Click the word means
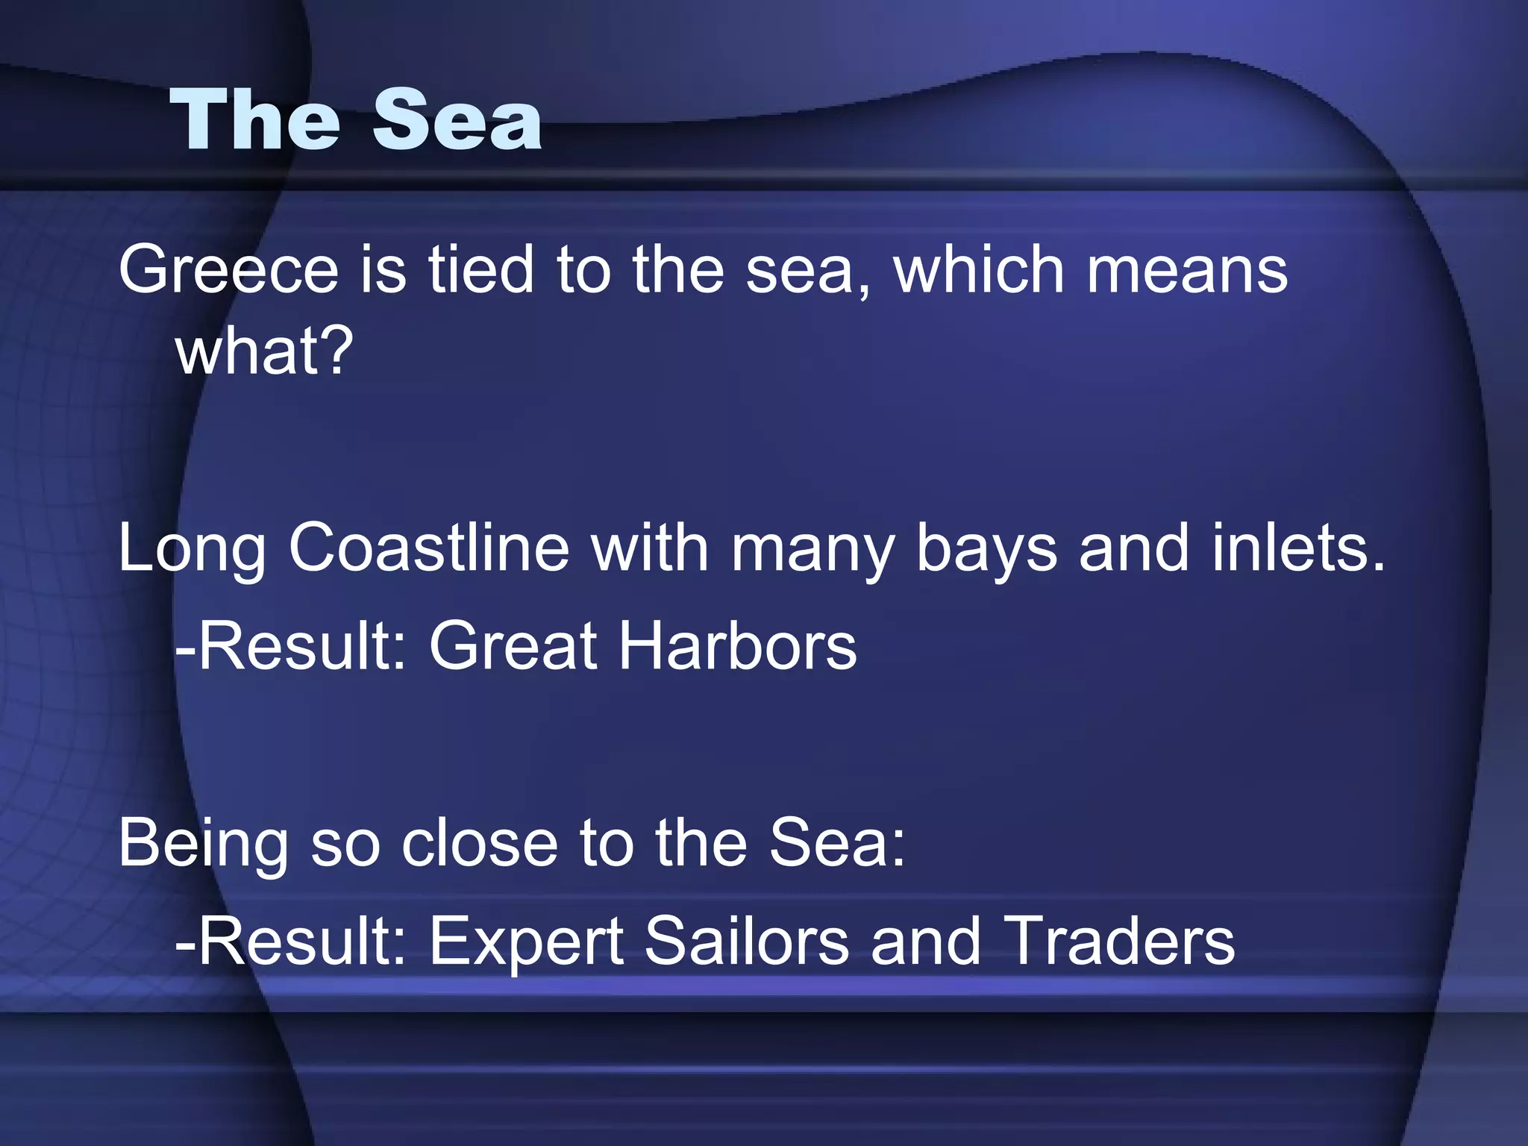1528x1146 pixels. coord(1187,270)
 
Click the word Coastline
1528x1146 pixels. coord(429,548)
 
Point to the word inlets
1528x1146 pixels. coord(1298,548)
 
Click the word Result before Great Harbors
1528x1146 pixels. coord(298,646)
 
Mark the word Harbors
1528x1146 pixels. coord(739,646)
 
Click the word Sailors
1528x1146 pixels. coord(747,942)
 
